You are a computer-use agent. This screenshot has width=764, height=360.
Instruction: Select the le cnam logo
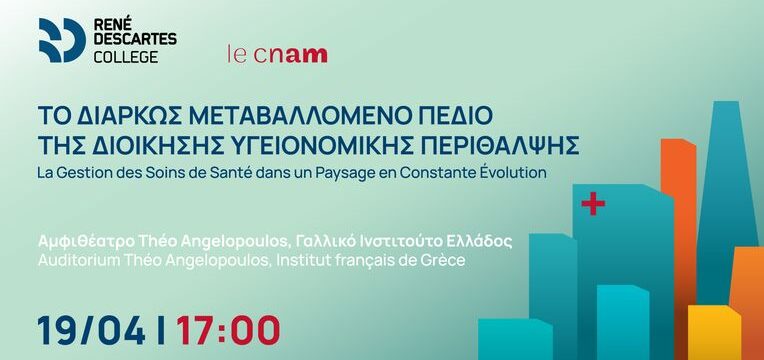(277, 53)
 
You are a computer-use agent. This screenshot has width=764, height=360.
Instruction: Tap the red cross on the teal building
(592, 205)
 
